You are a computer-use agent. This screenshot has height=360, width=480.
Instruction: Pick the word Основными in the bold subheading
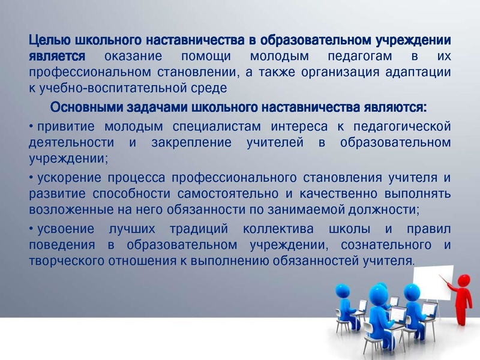[88, 108]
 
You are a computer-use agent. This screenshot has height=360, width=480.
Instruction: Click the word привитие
[64, 126]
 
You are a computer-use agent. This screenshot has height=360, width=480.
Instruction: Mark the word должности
[386, 210]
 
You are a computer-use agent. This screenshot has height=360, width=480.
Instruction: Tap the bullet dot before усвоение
[31, 230]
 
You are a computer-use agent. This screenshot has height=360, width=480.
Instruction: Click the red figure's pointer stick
[447, 280]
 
